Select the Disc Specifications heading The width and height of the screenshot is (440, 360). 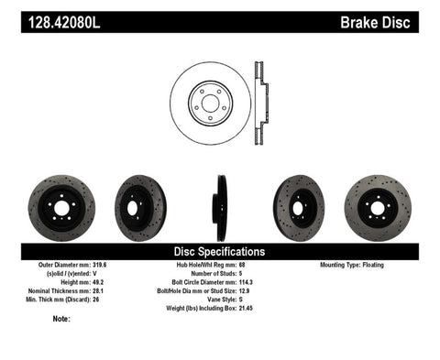point(219,250)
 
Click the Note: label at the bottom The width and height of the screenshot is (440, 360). point(62,319)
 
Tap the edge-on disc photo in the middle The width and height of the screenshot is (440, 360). point(221,207)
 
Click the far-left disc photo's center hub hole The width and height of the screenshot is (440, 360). point(60,208)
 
